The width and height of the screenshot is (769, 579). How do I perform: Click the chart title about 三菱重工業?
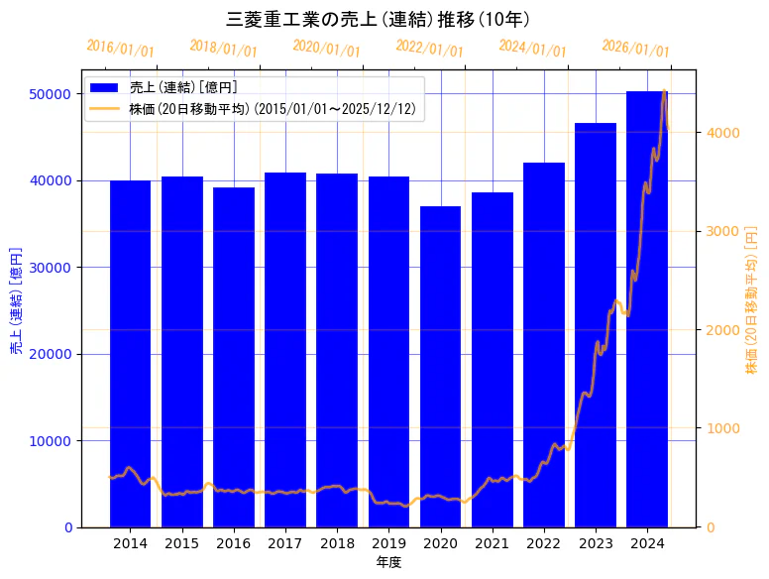tap(384, 19)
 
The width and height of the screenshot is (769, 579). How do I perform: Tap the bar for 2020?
tap(440, 366)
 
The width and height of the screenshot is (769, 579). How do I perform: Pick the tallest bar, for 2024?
tap(647, 308)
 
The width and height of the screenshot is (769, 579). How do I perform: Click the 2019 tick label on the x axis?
tap(388, 543)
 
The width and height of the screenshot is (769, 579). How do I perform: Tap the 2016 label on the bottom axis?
tap(233, 543)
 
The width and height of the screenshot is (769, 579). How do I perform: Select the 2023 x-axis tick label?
tap(596, 543)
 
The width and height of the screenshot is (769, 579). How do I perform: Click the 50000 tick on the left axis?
tap(51, 94)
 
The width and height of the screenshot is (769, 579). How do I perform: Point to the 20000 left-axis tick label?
tap(51, 354)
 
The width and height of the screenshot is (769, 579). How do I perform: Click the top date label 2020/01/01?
tap(326, 49)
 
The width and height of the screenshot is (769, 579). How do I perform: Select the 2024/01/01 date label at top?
tap(532, 49)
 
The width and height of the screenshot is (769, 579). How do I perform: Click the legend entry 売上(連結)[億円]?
tap(183, 87)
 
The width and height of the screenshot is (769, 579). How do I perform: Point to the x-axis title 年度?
tap(388, 562)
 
